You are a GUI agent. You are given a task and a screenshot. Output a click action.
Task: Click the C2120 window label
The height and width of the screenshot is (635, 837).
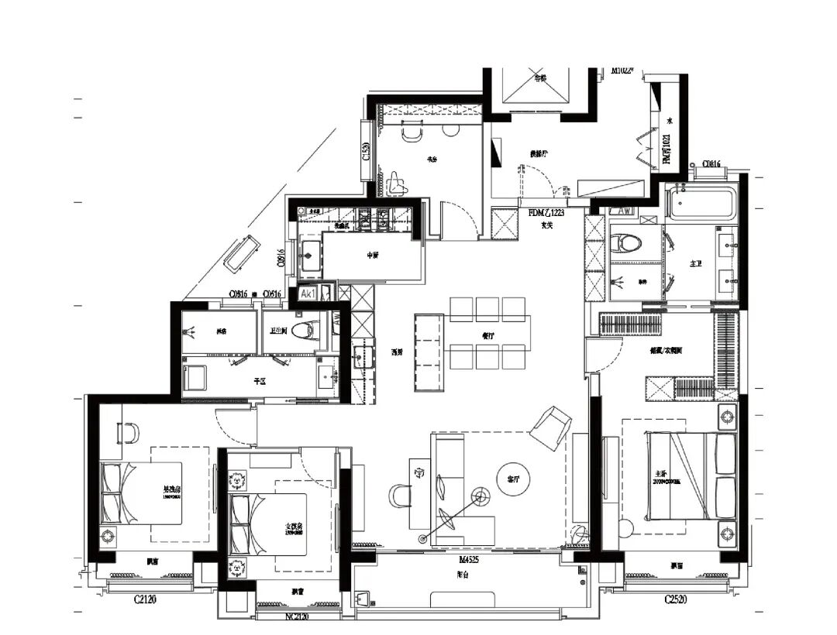pyautogui.click(x=145, y=599)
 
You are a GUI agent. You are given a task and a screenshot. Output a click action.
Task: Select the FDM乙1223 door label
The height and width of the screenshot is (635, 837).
pyautogui.click(x=547, y=212)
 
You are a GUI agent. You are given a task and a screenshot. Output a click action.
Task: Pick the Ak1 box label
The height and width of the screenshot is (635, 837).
pyautogui.click(x=308, y=295)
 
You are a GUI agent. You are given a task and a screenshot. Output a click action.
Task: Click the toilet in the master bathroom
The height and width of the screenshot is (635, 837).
pyautogui.click(x=626, y=243)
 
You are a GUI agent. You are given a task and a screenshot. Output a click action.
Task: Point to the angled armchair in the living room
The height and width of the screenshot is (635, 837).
pyautogui.click(x=550, y=427)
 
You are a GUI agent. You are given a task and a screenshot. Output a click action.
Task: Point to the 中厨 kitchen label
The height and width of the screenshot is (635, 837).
pyautogui.click(x=373, y=255)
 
